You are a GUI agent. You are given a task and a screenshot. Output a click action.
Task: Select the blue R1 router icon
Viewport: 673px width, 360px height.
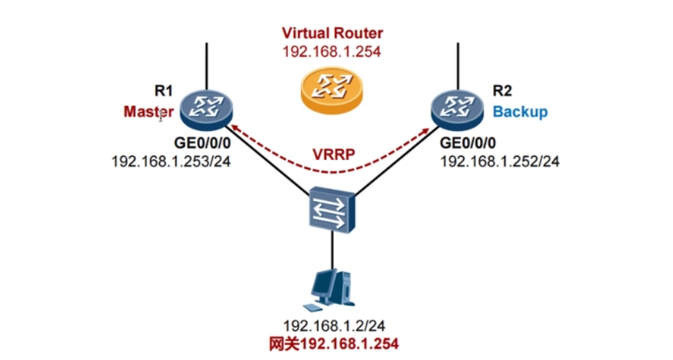[x=207, y=108]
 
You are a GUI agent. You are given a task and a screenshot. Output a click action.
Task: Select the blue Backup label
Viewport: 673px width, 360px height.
[x=520, y=112]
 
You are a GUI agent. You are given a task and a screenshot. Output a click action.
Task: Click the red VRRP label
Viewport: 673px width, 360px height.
[x=332, y=154]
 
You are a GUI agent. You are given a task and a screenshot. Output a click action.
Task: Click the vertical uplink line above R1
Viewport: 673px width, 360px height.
[x=207, y=65]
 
